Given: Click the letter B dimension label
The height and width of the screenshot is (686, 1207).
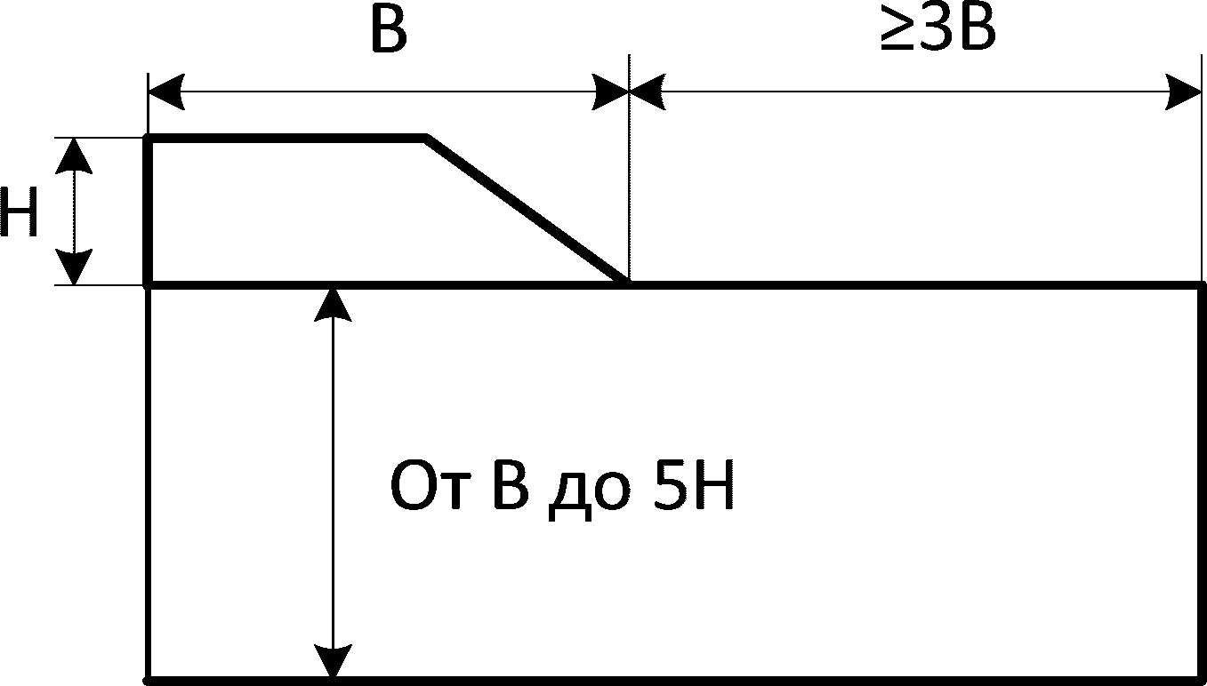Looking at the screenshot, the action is point(388,33).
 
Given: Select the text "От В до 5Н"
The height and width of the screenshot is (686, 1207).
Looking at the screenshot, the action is point(563,488).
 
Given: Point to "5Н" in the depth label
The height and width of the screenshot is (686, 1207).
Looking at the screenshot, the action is point(695,488).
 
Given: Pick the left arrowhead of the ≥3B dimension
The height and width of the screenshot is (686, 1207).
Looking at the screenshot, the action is point(647,92).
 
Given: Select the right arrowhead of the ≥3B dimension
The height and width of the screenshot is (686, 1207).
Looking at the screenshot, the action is point(1185,92).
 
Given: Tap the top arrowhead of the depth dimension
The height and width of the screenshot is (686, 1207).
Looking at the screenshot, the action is point(334,304).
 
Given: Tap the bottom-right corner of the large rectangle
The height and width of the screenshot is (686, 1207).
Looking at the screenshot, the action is point(1202,680).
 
